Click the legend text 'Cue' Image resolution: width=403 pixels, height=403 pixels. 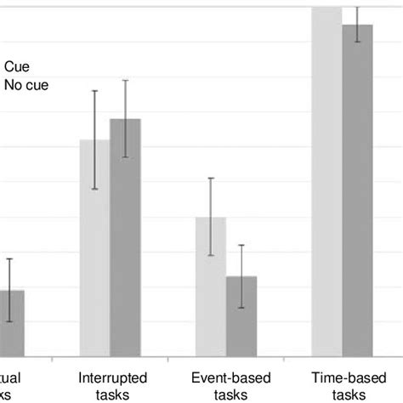pyautogui.click(x=17, y=65)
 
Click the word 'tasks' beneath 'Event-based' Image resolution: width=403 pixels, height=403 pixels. pyautogui.click(x=225, y=394)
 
